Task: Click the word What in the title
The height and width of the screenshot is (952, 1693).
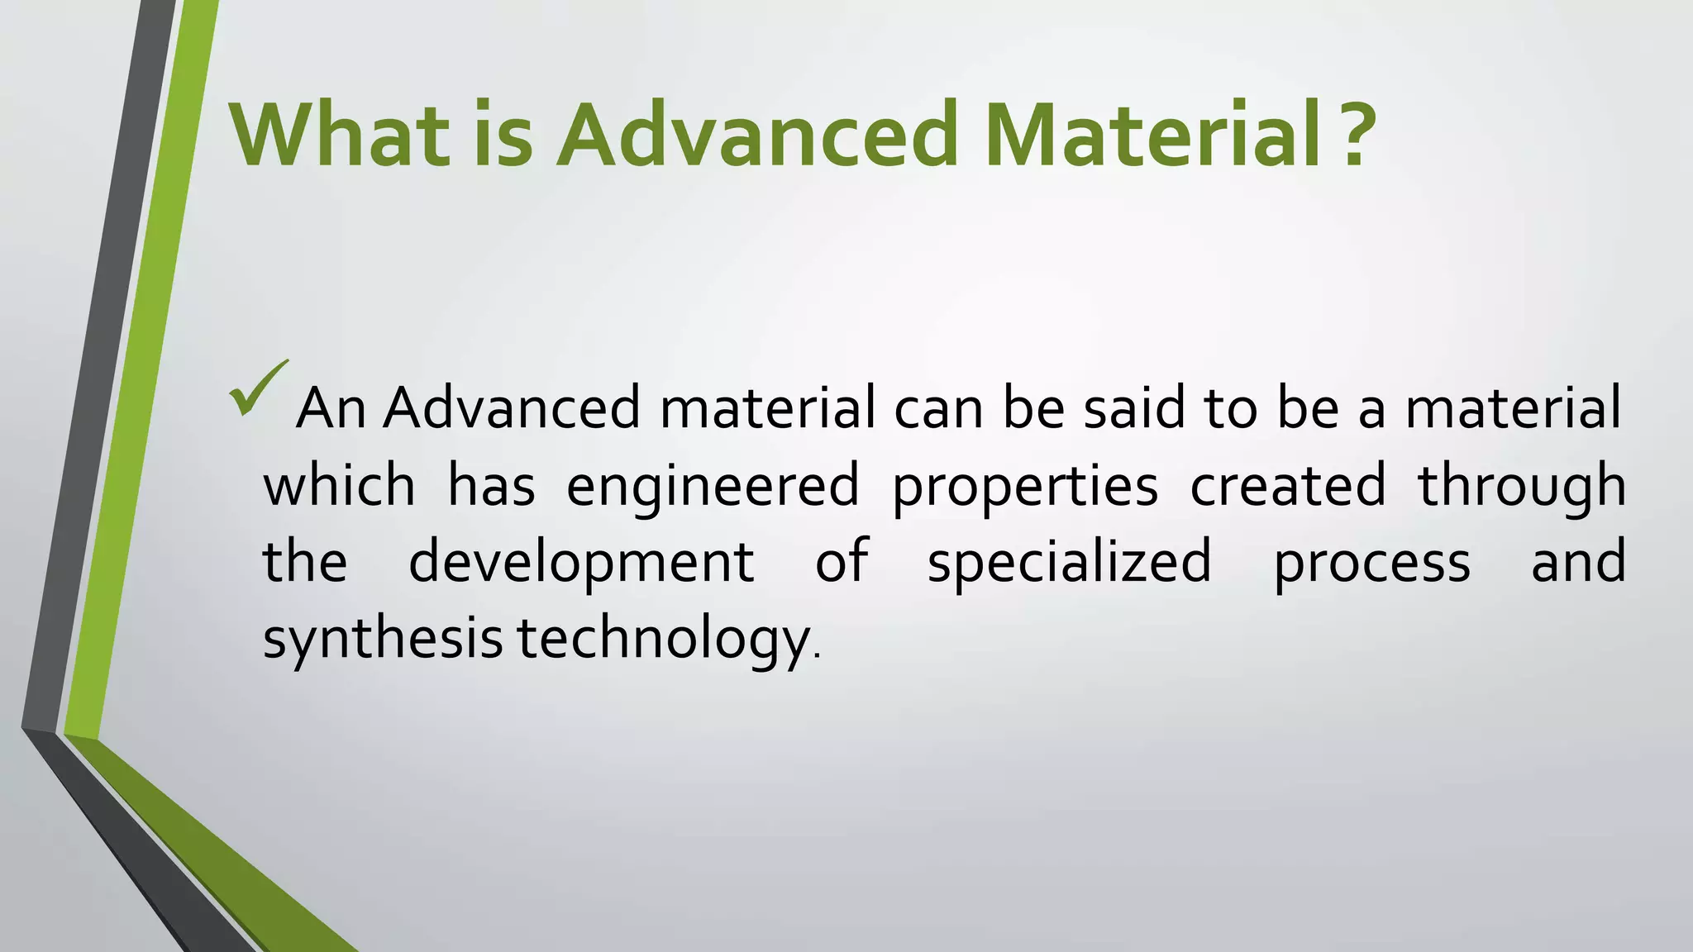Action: coord(339,134)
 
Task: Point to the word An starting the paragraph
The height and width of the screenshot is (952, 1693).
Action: coord(331,408)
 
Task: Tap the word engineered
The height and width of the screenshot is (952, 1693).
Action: coord(713,486)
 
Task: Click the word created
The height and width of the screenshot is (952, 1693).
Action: coord(1287,486)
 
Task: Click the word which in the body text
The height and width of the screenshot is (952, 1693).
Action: coord(339,486)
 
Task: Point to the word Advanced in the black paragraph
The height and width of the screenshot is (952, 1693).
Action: coord(511,408)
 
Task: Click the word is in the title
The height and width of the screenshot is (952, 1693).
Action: coord(503,134)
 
